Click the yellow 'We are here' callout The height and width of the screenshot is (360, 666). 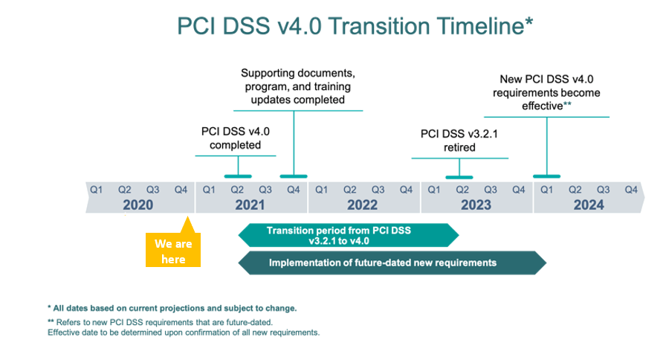click(173, 250)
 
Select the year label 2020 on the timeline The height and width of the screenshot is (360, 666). click(138, 205)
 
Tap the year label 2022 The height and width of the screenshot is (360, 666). click(362, 205)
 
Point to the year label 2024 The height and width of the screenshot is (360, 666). click(589, 205)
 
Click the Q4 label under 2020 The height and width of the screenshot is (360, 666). click(181, 190)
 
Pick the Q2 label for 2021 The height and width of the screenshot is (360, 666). click(237, 190)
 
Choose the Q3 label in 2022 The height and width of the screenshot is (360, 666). click(378, 190)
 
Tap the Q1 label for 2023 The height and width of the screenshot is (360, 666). click(433, 190)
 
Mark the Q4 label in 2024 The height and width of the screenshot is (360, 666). click(631, 190)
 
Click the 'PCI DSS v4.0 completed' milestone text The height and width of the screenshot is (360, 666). click(236, 138)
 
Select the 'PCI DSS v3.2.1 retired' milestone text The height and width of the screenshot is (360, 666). click(459, 141)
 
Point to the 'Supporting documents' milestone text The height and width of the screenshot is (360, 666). click(298, 86)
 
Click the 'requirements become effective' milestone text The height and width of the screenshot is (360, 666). click(546, 93)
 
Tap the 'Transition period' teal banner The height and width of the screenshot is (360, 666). click(349, 236)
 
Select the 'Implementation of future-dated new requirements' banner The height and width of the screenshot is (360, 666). click(392, 263)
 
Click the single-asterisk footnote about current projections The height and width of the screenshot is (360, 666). click(172, 308)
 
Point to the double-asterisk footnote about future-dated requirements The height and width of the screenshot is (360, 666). click(184, 327)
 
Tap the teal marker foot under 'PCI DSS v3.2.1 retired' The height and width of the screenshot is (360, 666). click(459, 177)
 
